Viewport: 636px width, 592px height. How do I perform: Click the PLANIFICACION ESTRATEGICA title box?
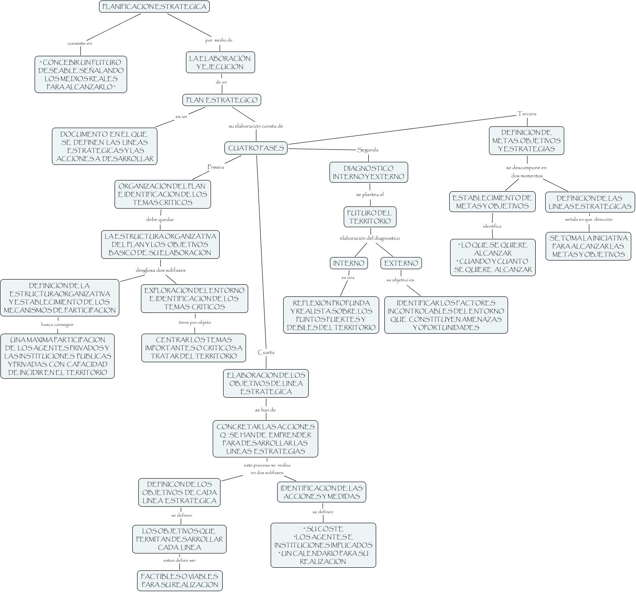coord(154,7)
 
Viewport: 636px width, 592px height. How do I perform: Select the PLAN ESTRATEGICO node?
coord(222,100)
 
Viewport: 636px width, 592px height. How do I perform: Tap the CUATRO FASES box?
coord(256,148)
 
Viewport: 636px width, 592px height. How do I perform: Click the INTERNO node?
coord(349,263)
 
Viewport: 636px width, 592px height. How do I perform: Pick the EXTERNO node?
coord(401,263)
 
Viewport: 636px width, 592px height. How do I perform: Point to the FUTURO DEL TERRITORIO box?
coord(369,217)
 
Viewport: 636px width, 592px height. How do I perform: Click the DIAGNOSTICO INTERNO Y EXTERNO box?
coord(368,172)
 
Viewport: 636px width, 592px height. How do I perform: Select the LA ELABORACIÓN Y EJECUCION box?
coord(220,62)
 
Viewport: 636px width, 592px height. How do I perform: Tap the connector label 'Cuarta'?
coord(266,352)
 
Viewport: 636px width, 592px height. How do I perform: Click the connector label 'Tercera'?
coord(527,114)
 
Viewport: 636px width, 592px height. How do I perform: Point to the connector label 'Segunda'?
coord(368,150)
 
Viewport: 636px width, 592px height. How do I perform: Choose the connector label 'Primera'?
coord(216,167)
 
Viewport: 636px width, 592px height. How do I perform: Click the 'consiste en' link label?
coord(80,43)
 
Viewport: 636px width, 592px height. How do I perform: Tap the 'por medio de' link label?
coord(219,40)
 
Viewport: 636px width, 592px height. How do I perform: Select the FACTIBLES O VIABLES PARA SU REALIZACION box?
coord(179,580)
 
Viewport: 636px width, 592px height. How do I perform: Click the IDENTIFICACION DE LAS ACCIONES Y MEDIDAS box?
coord(322,492)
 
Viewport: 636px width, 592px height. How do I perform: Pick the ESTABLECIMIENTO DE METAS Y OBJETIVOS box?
coord(492,202)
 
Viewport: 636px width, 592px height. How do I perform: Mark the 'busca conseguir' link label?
coord(58,324)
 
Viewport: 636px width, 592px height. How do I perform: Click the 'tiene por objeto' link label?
coord(195,322)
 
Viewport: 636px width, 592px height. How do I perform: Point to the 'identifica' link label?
coord(492,226)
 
